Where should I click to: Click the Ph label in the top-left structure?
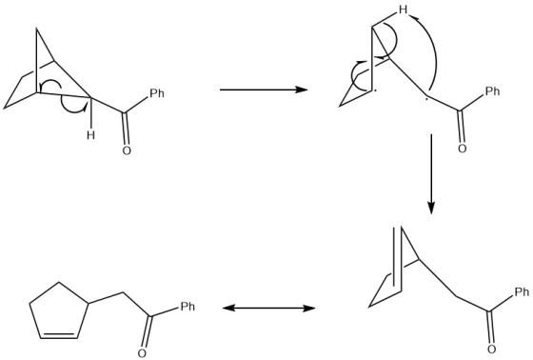pyautogui.click(x=157, y=93)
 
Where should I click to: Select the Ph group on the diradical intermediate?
pyautogui.click(x=493, y=90)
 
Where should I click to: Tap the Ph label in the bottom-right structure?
pyautogui.click(x=523, y=291)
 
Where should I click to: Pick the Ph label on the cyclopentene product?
pyautogui.click(x=188, y=307)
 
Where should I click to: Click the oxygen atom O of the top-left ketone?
pyautogui.click(x=127, y=150)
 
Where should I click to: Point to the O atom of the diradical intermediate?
pyautogui.click(x=462, y=149)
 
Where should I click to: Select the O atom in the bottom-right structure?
pyautogui.click(x=491, y=350)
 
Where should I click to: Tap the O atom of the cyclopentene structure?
pyautogui.click(x=143, y=353)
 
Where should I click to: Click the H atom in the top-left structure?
pyautogui.click(x=90, y=135)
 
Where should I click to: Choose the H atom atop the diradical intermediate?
pyautogui.click(x=404, y=10)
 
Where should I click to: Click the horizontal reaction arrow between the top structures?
pyautogui.click(x=264, y=90)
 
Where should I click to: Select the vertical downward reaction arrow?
pyautogui.click(x=431, y=174)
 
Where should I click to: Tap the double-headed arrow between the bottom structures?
pyautogui.click(x=268, y=309)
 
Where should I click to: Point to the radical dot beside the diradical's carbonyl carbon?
pyautogui.click(x=427, y=100)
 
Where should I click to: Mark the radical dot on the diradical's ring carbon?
pyautogui.click(x=375, y=90)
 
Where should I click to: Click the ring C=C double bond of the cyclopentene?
pyautogui.click(x=58, y=335)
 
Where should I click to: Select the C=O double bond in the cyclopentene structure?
pyautogui.click(x=147, y=332)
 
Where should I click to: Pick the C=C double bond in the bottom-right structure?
pyautogui.click(x=398, y=259)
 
